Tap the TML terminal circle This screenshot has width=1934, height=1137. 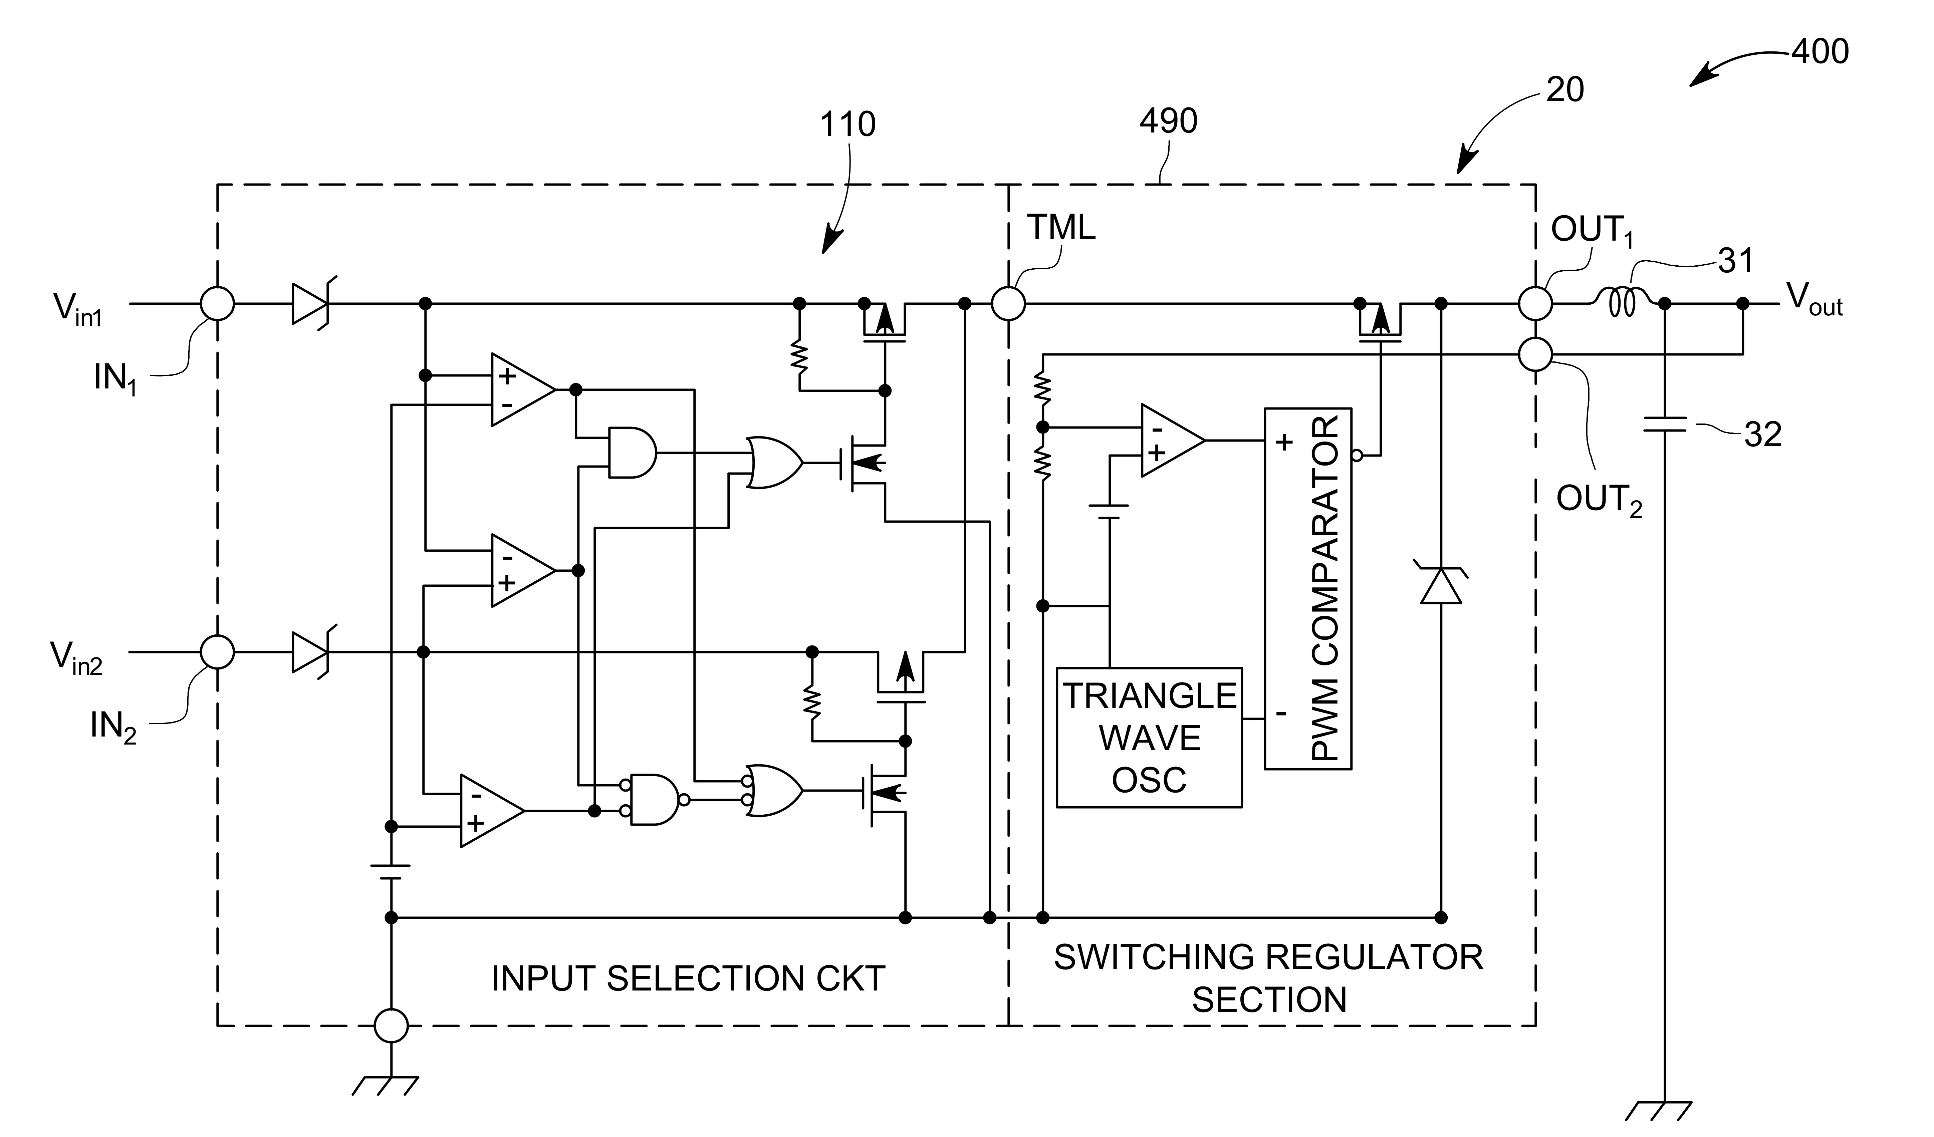tap(1008, 304)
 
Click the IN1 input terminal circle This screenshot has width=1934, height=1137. tap(217, 304)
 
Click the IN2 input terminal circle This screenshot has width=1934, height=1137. tap(217, 652)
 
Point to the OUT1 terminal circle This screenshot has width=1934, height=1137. tap(1535, 304)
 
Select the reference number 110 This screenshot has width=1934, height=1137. tap(847, 124)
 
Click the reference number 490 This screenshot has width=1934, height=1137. tap(1168, 121)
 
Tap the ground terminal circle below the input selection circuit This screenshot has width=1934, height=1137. tap(391, 1025)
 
